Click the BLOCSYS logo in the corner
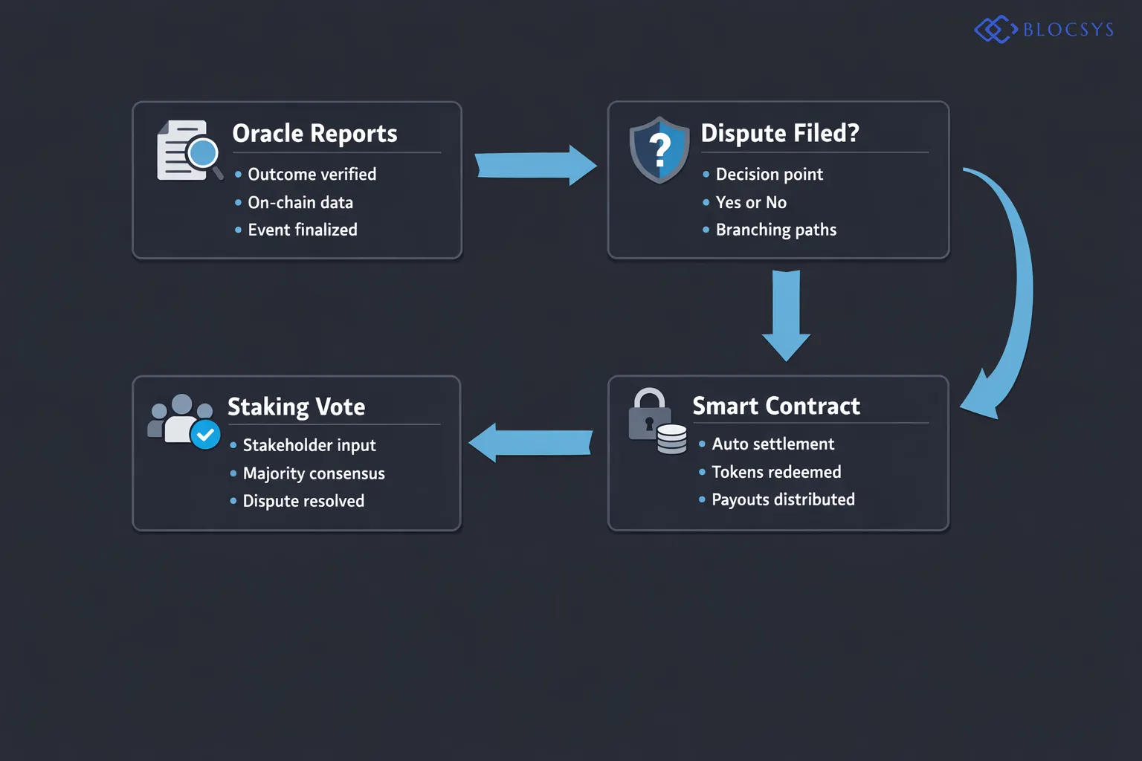[1044, 30]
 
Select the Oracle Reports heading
[314, 134]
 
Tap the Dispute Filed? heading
[779, 134]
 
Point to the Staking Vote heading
[296, 407]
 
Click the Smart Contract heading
[775, 407]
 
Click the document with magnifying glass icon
[189, 151]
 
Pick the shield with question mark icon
[659, 150]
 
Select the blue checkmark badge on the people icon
[205, 435]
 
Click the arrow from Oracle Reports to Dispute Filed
[535, 165]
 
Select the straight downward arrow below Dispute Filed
[786, 315]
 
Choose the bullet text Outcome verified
[312, 175]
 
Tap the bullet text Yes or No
[750, 203]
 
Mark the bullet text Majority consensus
[313, 474]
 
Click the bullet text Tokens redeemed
[775, 473]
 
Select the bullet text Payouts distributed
[782, 500]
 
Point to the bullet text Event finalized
[302, 230]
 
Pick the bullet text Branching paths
[775, 230]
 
